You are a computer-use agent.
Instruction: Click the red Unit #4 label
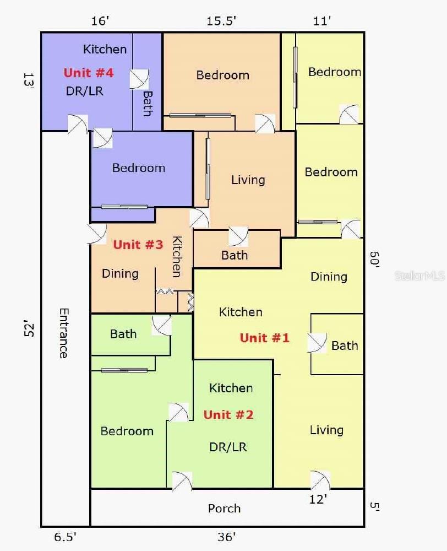tap(89, 73)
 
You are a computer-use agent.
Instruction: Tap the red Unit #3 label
tap(138, 244)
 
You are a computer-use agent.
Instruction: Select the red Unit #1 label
tap(265, 338)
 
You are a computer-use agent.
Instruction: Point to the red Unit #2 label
tap(228, 415)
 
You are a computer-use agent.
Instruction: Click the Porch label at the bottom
tap(224, 508)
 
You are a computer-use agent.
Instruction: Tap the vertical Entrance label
tap(63, 333)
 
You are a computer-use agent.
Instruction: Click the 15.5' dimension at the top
tap(221, 21)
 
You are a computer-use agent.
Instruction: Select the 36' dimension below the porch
tap(226, 537)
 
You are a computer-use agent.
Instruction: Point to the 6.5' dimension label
tap(65, 537)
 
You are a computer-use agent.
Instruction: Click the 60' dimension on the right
tap(374, 260)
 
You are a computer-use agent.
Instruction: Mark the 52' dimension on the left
tap(29, 328)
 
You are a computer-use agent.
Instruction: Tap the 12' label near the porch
tap(318, 499)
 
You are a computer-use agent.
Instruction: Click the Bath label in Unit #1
tap(345, 345)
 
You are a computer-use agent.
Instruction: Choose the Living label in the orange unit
tap(248, 180)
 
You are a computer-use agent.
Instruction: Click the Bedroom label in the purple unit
tap(139, 168)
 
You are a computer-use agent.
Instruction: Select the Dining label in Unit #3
tap(120, 273)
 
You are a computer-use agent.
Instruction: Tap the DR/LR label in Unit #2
tap(228, 447)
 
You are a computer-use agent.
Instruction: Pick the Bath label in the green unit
tap(123, 333)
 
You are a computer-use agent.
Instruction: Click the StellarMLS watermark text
tap(420, 276)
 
